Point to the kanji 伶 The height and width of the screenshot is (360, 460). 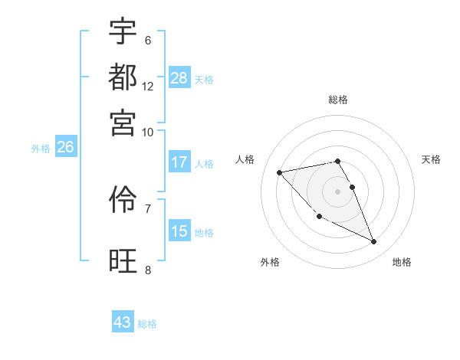(123, 201)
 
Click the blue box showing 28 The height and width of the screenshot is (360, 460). (179, 78)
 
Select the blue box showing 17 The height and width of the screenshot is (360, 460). (179, 162)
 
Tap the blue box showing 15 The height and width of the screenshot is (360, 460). (179, 231)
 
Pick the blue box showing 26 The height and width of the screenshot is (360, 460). (65, 148)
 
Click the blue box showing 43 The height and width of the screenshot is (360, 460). (123, 322)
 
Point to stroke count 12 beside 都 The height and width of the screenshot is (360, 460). (148, 86)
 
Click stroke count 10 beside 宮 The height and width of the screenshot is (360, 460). (148, 132)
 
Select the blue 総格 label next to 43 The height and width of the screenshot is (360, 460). (148, 324)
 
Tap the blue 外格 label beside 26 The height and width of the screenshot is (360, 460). (41, 149)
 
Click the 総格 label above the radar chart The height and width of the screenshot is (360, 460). (338, 100)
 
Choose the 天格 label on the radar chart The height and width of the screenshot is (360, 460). (432, 159)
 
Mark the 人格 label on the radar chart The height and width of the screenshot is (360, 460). (245, 159)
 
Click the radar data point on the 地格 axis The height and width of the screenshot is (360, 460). (373, 242)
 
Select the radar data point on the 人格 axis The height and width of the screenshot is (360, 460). (280, 172)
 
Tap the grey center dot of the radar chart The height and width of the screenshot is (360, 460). (338, 191)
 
